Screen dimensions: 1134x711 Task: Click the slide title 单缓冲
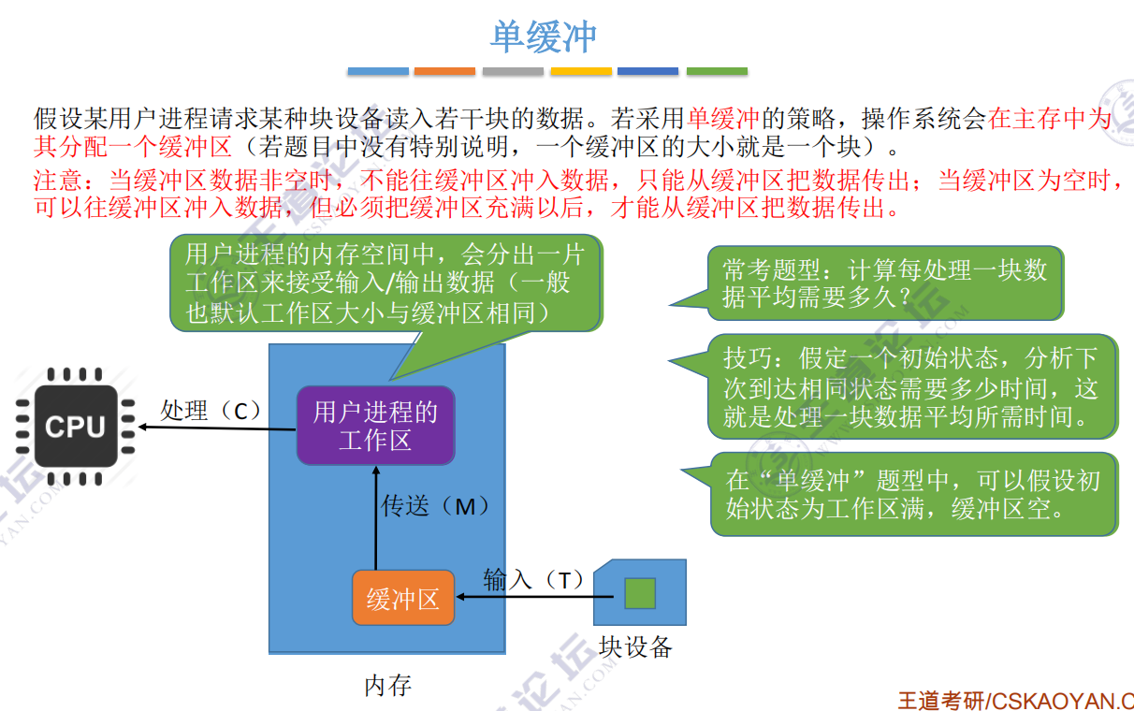(544, 37)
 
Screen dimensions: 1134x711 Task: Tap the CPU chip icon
(74, 427)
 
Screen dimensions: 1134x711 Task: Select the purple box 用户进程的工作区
(375, 426)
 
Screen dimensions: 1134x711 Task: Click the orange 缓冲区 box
(403, 598)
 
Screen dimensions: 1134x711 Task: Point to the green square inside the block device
(640, 593)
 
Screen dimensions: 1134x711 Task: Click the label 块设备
(636, 646)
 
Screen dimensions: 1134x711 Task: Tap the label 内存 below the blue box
(387, 686)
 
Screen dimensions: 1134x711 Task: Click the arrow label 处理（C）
(210, 411)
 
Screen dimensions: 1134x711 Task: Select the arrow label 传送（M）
(436, 506)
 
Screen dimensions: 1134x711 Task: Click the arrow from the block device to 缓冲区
(524, 597)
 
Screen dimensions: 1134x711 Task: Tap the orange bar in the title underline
(444, 71)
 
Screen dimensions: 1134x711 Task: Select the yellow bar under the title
(581, 71)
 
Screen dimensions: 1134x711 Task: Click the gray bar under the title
(513, 71)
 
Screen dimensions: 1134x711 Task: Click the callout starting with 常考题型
(884, 283)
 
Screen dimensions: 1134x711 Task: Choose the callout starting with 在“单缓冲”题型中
(913, 494)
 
